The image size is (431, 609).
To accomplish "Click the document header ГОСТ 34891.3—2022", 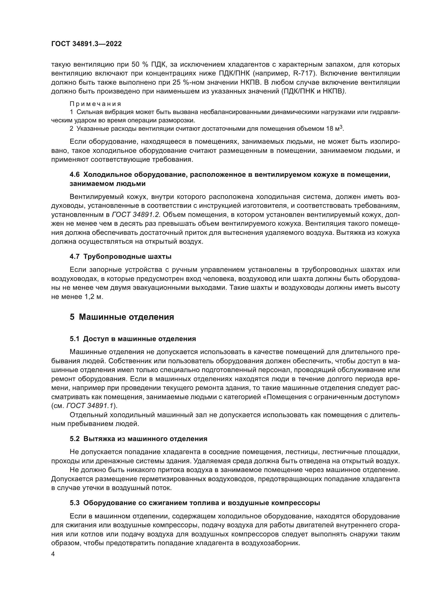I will click(x=87, y=44).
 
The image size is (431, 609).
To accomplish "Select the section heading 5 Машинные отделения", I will click(x=122, y=317).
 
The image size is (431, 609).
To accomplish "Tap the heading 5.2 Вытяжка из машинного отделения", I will click(x=138, y=439).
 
